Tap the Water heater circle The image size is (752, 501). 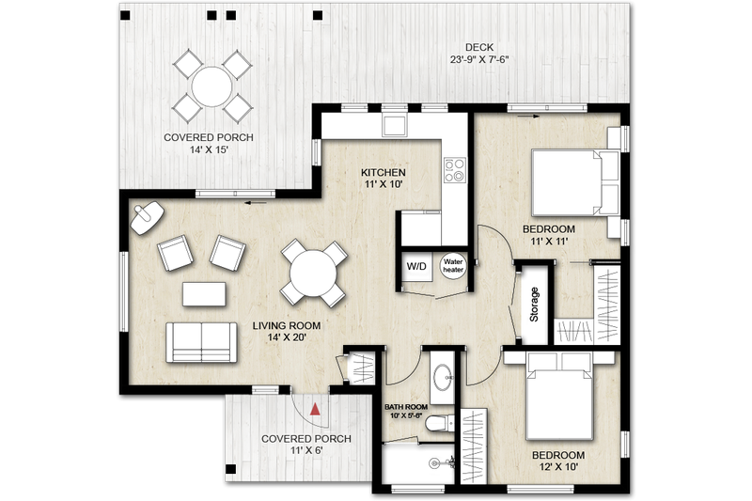pos(454,267)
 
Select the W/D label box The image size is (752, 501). pos(415,267)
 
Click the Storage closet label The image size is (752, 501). pos(534,304)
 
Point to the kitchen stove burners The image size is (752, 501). pos(455,170)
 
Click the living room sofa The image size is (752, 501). pos(201,341)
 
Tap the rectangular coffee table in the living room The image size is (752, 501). pos(204,294)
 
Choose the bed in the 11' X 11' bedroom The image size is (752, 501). pos(568,183)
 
